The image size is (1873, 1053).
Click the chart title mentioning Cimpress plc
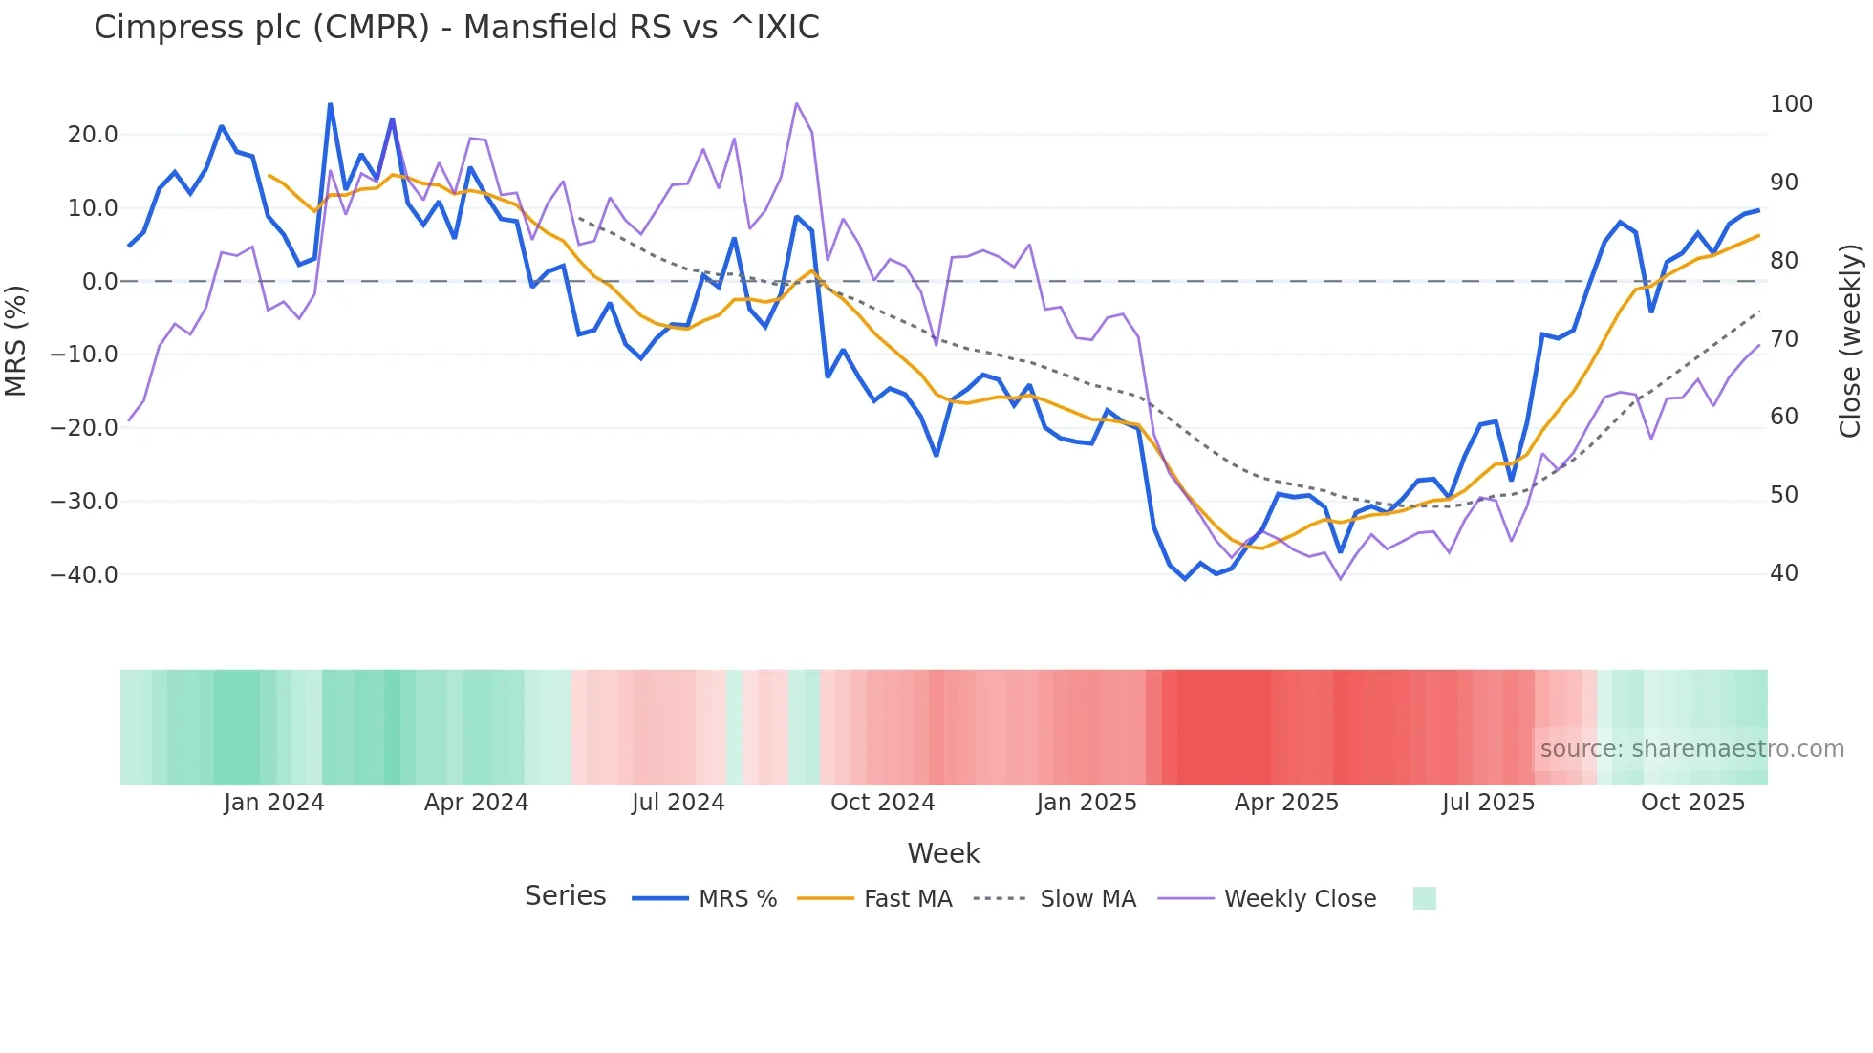pos(456,28)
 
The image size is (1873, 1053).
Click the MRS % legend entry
pos(737,899)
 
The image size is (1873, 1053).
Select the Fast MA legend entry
pos(907,899)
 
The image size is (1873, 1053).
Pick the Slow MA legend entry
pos(1087,899)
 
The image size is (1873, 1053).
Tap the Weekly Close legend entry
pos(1300,899)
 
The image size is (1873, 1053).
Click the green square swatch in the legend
pos(1424,898)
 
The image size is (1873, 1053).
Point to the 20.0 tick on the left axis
pos(93,135)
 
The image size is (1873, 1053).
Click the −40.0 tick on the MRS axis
pos(84,575)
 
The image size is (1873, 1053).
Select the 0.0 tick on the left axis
pos(100,282)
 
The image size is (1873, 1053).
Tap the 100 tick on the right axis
pos(1791,104)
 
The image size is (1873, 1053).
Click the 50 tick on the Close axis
pos(1784,495)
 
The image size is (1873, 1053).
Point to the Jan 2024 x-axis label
pos(274,803)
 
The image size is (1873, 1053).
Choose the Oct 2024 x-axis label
pos(882,803)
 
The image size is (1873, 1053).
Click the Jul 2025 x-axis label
pos(1488,803)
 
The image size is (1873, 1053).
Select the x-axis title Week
pos(943,853)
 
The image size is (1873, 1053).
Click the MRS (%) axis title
pos(16,340)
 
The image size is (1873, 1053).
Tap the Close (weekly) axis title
pos(1850,340)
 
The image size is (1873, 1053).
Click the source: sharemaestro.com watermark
pos(1691,749)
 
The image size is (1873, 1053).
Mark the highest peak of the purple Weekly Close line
pos(796,103)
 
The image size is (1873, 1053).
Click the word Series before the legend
pos(565,896)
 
